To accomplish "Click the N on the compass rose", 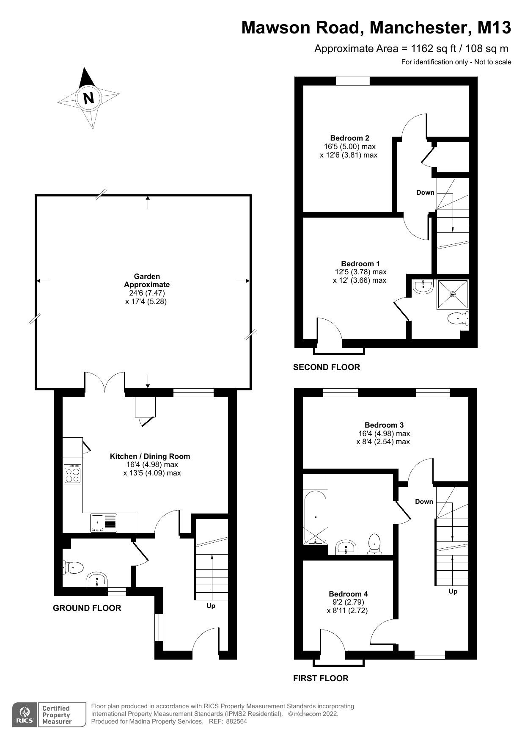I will pyautogui.click(x=88, y=98).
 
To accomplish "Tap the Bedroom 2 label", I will pyautogui.click(x=349, y=138).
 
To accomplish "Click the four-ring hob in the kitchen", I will pyautogui.click(x=72, y=474).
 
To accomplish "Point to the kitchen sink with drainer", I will pyautogui.click(x=104, y=522).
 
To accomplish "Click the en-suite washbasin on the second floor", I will pyautogui.click(x=423, y=287).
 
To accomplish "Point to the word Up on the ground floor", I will pyautogui.click(x=211, y=606).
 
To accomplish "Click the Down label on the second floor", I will pyautogui.click(x=425, y=193).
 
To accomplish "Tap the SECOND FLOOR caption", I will pyautogui.click(x=326, y=367).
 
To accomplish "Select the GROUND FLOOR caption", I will pyautogui.click(x=87, y=608).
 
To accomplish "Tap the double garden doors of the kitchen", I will pyautogui.click(x=105, y=381).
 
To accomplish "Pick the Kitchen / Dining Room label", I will pyautogui.click(x=150, y=456).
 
